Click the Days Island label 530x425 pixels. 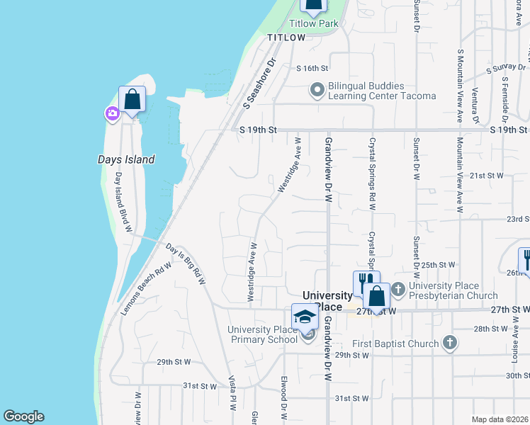[x=125, y=159]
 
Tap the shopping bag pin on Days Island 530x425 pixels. [x=132, y=99]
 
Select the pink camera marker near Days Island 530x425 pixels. [x=112, y=113]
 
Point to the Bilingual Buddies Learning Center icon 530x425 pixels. [x=317, y=90]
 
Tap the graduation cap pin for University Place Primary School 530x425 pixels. [x=305, y=317]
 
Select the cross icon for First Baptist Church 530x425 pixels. [x=449, y=344]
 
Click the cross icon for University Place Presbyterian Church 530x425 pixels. [x=397, y=289]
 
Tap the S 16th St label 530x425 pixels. [x=312, y=68]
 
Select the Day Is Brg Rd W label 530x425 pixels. [x=186, y=264]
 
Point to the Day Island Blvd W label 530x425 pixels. [x=124, y=202]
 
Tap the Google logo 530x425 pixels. [x=23, y=416]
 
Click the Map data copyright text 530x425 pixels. [x=500, y=419]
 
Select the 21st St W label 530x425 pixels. [x=486, y=175]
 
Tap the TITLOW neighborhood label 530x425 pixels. [x=286, y=38]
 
